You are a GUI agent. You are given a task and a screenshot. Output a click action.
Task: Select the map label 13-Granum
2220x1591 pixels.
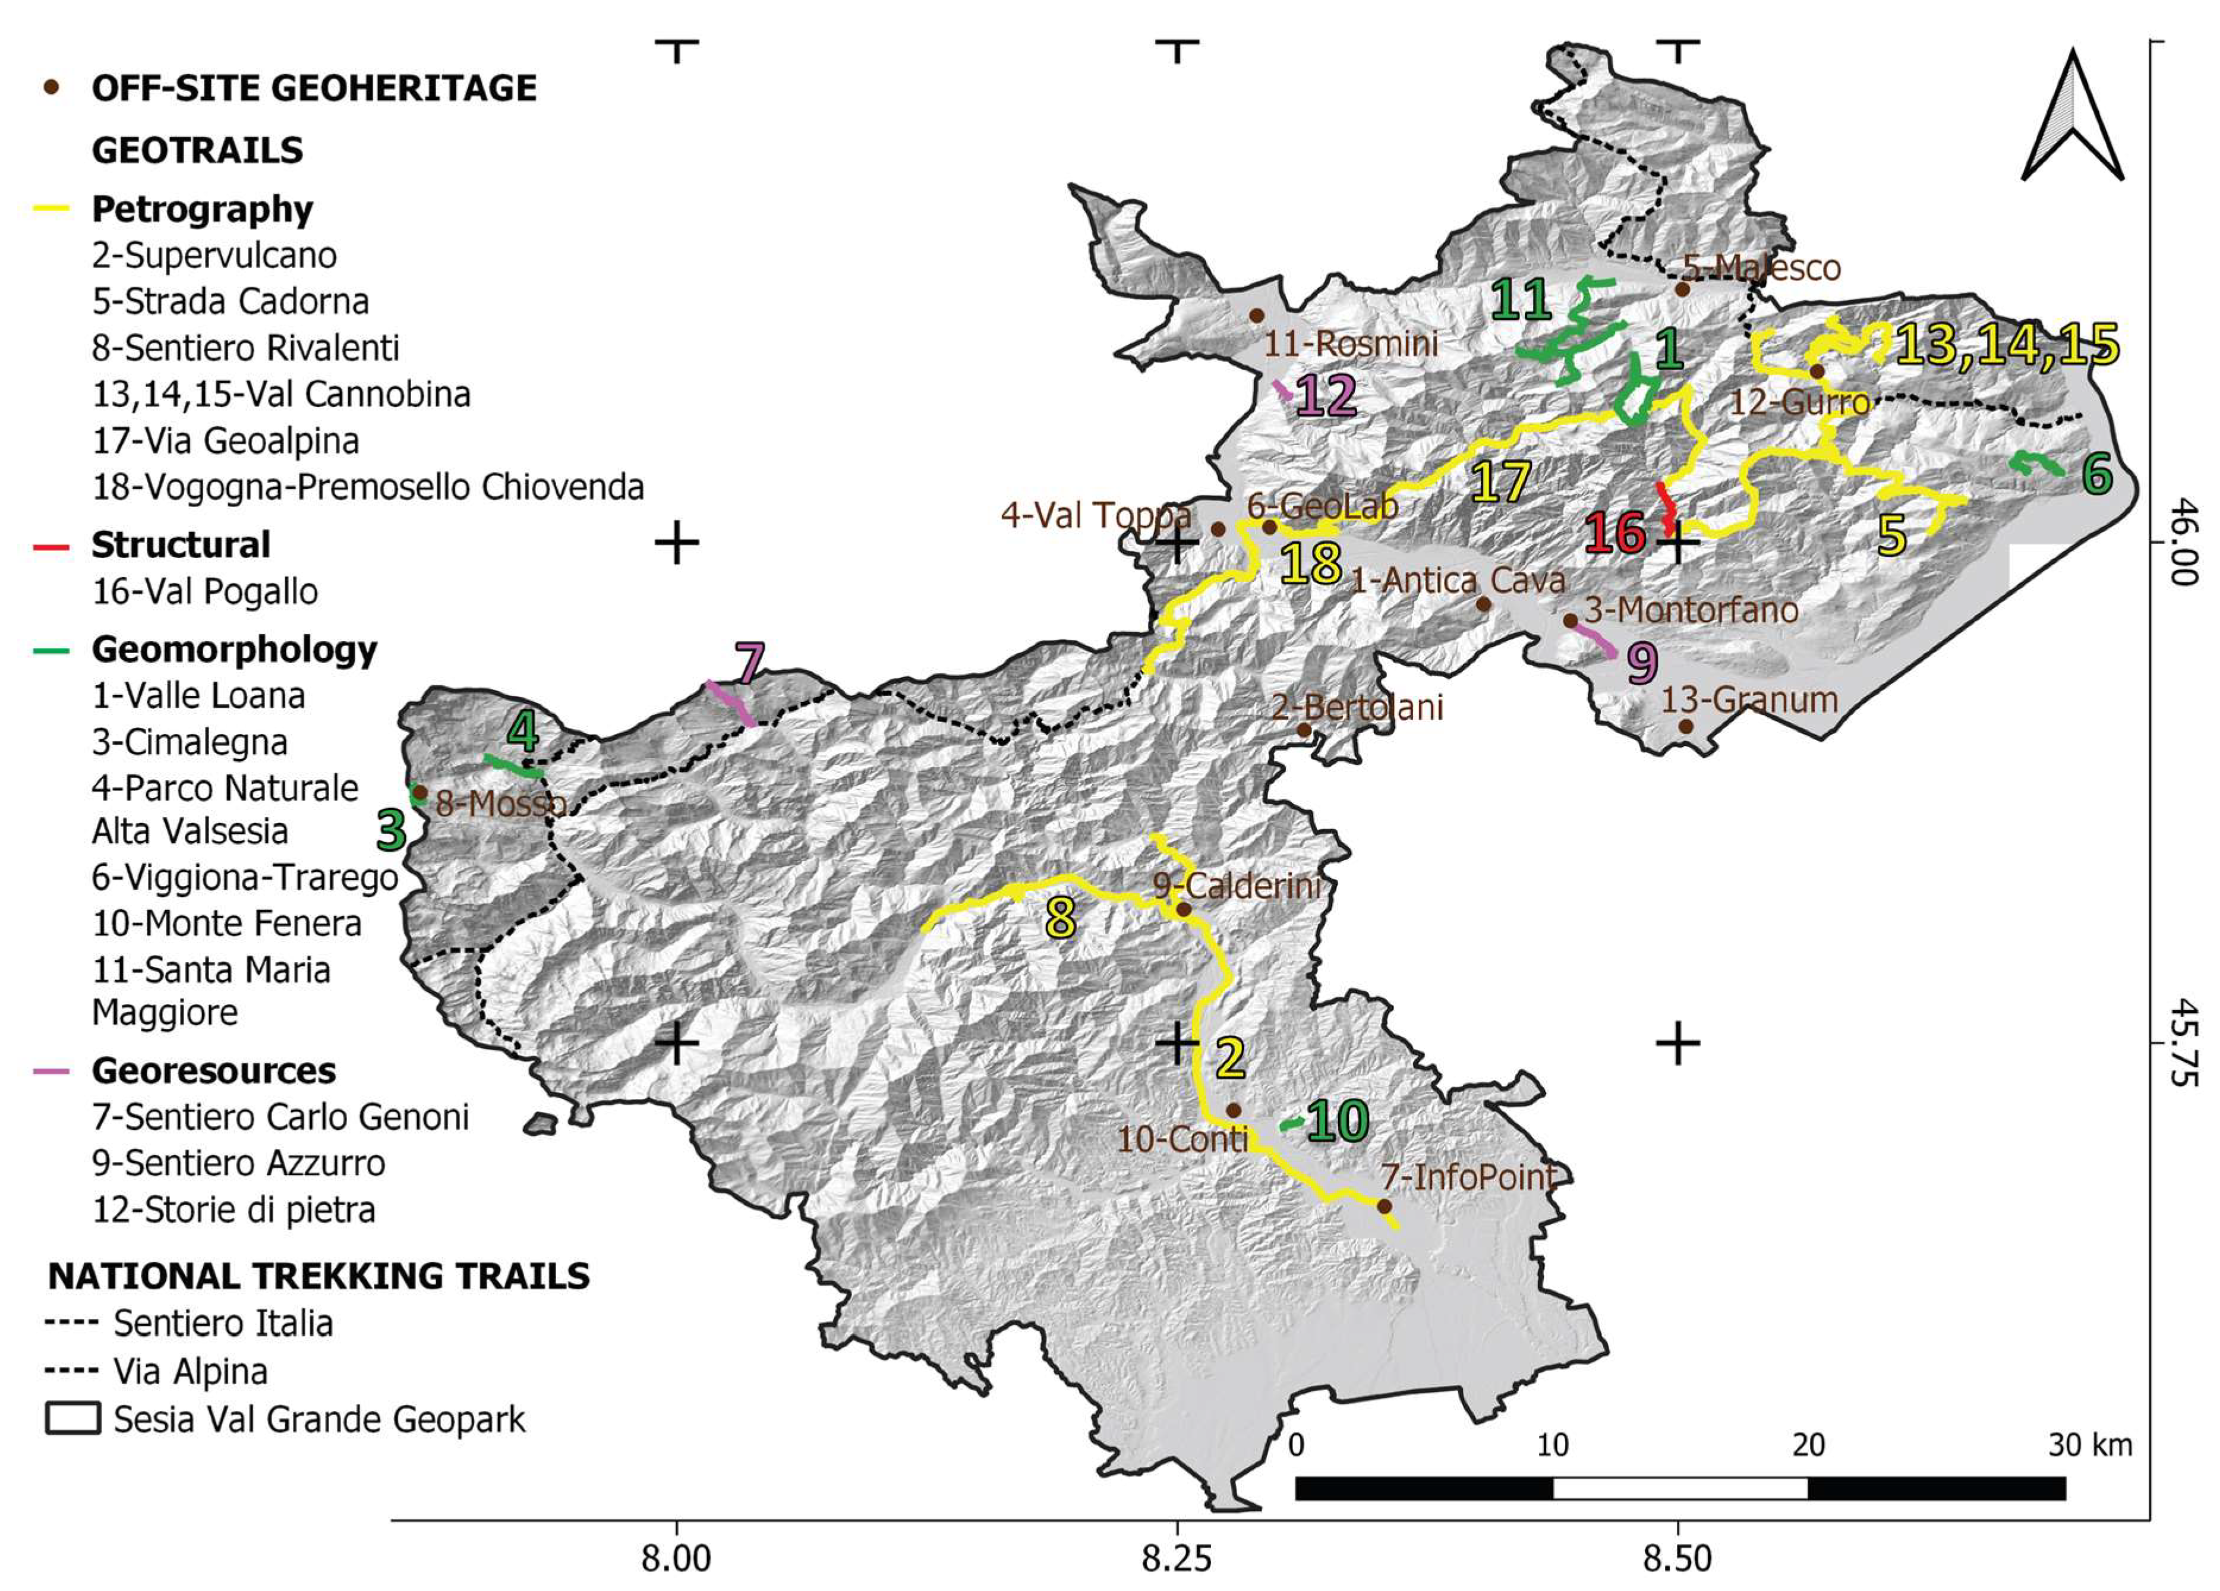pyautogui.click(x=1750, y=700)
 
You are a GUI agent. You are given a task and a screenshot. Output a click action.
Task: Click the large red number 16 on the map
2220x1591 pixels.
pyautogui.click(x=1616, y=534)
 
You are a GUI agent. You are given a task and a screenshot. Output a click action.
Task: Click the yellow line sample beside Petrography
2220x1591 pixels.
pyautogui.click(x=51, y=209)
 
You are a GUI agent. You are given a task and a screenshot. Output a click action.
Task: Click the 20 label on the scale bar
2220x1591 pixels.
pyautogui.click(x=1808, y=1445)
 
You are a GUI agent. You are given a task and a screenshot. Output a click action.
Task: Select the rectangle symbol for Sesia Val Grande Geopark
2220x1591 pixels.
pyautogui.click(x=72, y=1419)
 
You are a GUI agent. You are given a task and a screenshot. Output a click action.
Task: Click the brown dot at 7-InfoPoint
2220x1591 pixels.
pyautogui.click(x=1384, y=1206)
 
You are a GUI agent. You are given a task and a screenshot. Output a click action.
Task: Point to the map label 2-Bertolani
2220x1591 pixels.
pyautogui.click(x=1357, y=707)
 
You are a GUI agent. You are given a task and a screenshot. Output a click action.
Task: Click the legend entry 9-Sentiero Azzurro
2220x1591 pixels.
pyautogui.click(x=239, y=1163)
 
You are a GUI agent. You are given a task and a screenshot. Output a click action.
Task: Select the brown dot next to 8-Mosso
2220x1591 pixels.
pyautogui.click(x=419, y=792)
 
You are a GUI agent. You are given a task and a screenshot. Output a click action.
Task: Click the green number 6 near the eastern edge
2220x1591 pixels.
pyautogui.click(x=2096, y=474)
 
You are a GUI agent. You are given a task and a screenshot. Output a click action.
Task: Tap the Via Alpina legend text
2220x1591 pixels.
pyautogui.click(x=190, y=1372)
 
